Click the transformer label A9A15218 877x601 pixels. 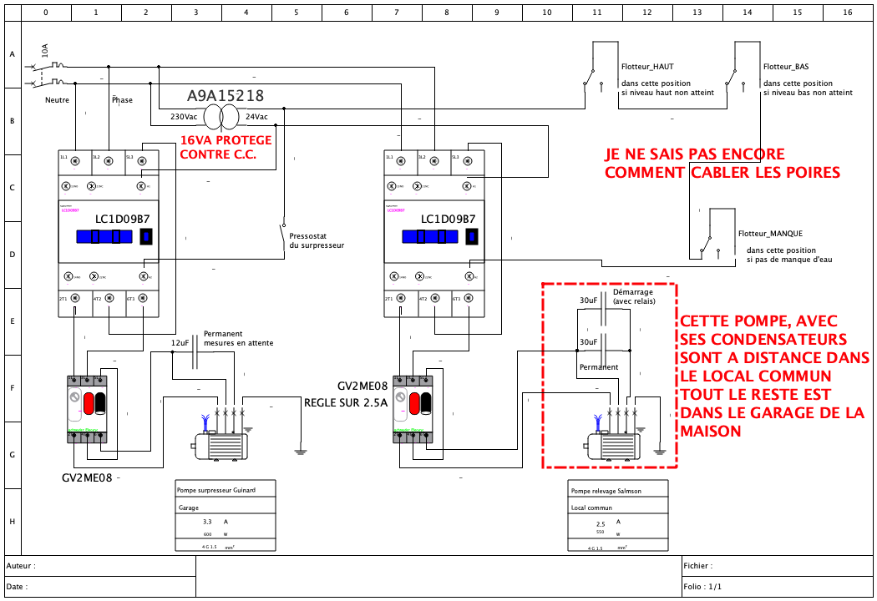pos(226,95)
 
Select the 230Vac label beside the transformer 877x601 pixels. pos(184,117)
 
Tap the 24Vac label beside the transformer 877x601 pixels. pos(256,117)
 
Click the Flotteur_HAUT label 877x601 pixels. pos(647,67)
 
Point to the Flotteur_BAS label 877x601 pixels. pos(785,67)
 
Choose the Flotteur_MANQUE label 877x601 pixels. pos(770,234)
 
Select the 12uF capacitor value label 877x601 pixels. pos(180,343)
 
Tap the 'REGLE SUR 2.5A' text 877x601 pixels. pos(346,403)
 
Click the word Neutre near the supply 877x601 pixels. pos(57,100)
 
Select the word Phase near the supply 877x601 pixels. pos(122,100)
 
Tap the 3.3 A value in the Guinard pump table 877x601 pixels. pos(208,521)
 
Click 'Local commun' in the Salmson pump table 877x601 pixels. pos(591,508)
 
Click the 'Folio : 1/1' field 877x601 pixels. pos(702,586)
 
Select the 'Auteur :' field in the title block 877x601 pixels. pos(21,566)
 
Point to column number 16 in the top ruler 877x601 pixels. pos(848,13)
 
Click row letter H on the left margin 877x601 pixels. pos(12,521)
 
